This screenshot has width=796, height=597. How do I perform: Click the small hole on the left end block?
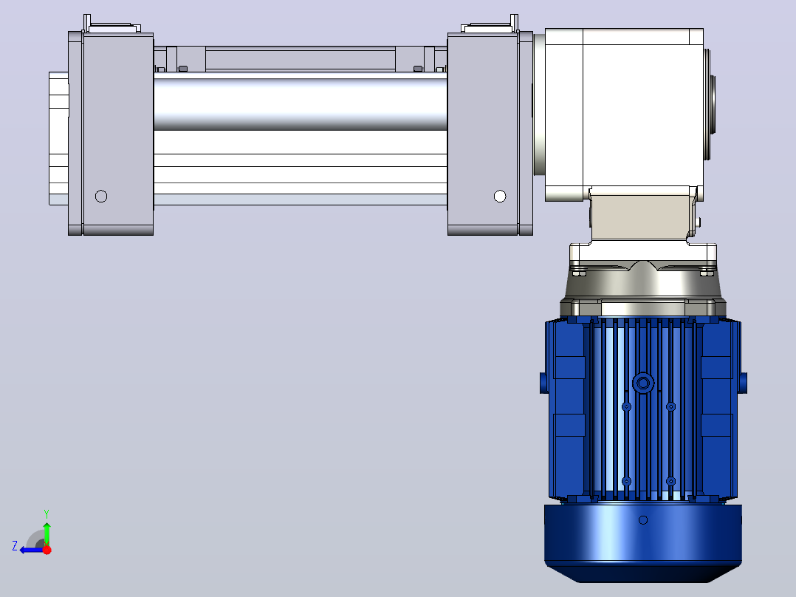[x=101, y=196]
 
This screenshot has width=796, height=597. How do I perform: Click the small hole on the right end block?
[x=500, y=196]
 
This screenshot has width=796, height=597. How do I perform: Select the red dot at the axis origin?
[x=47, y=550]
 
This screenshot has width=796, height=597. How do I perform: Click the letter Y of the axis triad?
[x=47, y=514]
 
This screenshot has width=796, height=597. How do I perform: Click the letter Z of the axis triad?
[x=15, y=546]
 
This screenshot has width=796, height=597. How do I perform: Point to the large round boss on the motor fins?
[x=643, y=383]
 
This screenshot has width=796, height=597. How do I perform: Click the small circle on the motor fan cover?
[x=643, y=519]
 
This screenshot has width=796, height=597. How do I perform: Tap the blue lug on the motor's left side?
[x=543, y=383]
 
